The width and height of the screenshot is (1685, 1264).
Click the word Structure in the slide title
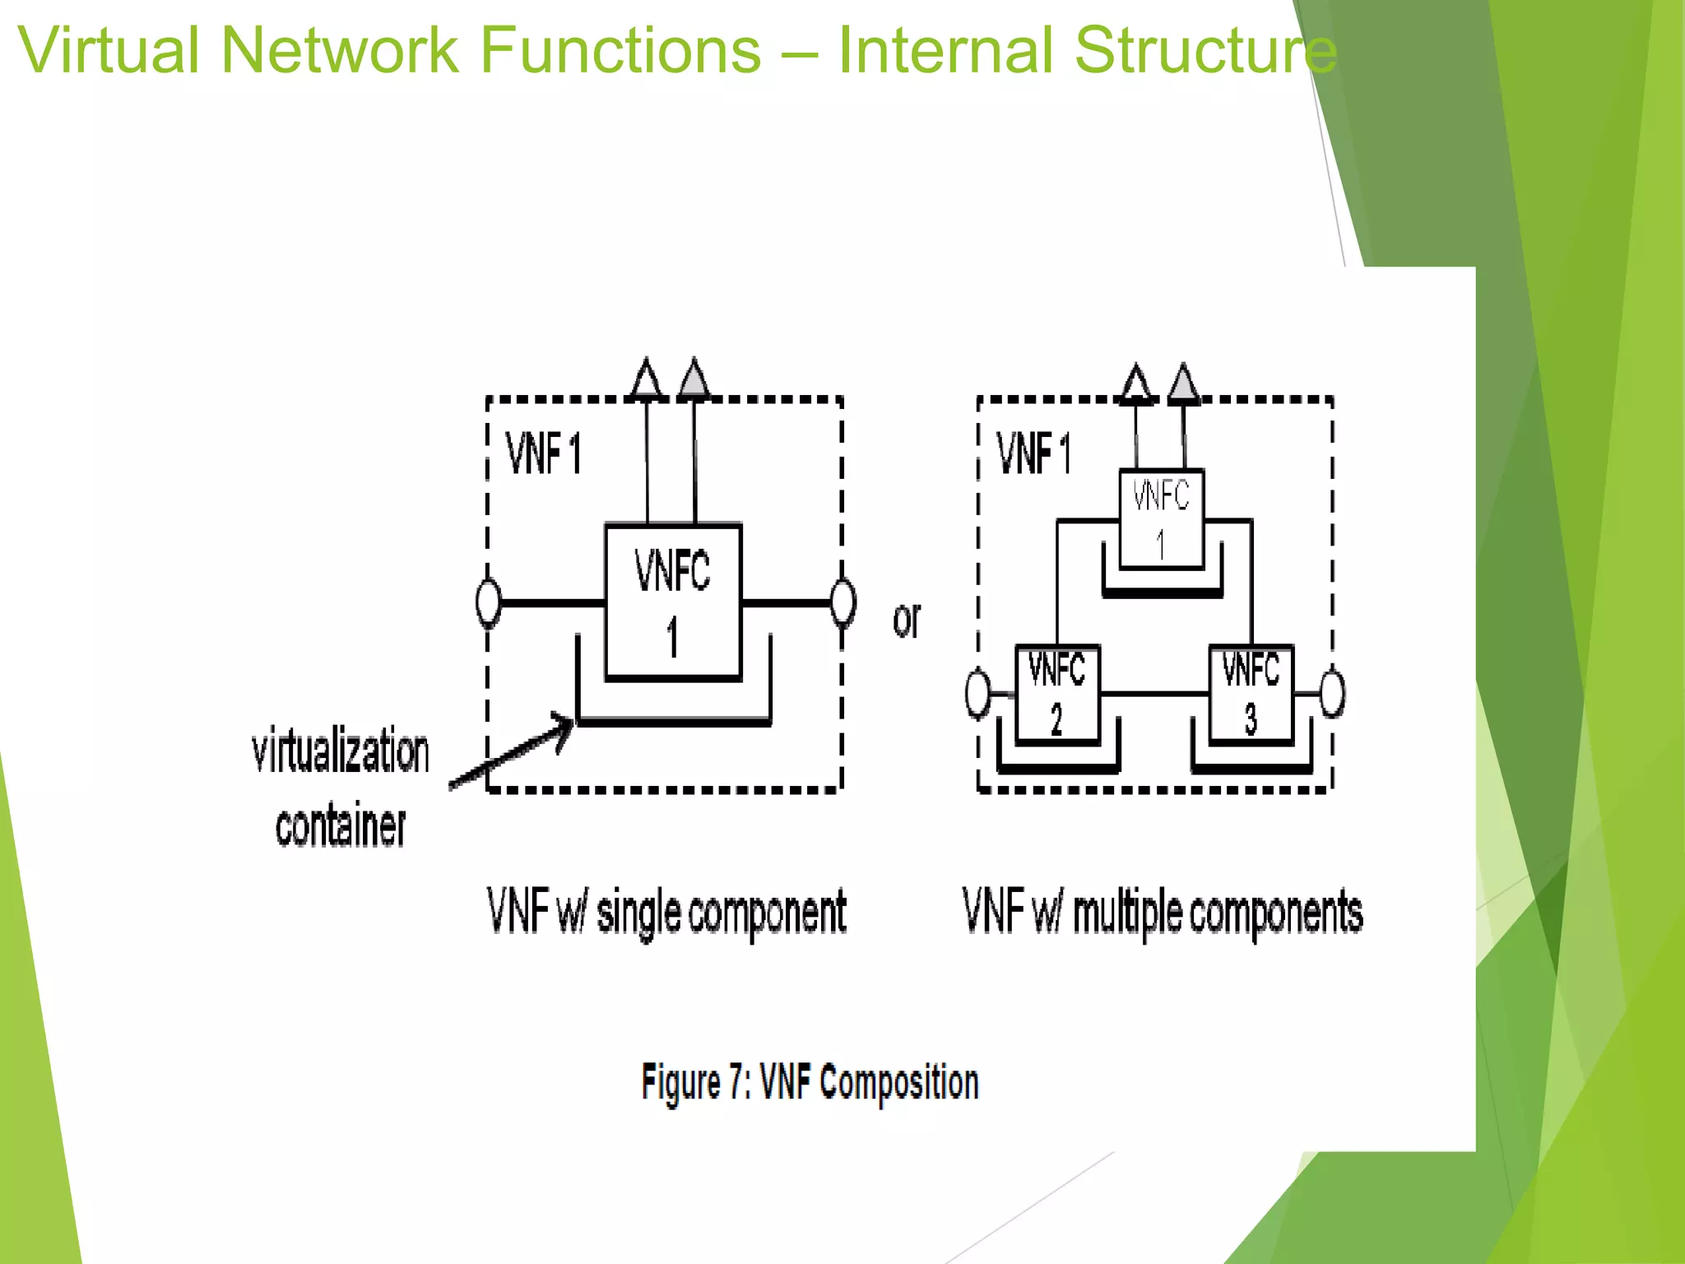[1205, 51]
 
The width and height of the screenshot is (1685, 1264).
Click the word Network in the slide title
[338, 51]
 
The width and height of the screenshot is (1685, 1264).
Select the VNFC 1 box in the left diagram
[673, 602]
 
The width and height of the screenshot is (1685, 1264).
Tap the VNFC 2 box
[1057, 694]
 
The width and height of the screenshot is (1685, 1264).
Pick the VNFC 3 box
[1251, 694]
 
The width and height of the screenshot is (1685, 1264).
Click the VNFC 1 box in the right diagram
[1161, 519]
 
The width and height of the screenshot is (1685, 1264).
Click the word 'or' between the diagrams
[907, 619]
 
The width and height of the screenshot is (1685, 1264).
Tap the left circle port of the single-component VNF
[489, 602]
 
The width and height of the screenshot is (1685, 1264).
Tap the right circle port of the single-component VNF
[843, 602]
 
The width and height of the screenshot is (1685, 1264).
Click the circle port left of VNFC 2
[977, 694]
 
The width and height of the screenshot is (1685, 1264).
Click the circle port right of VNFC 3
[1333, 694]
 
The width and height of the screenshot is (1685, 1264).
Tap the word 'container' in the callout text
[341, 826]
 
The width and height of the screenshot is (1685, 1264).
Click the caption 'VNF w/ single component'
[666, 913]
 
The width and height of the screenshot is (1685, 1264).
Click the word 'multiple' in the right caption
[1127, 913]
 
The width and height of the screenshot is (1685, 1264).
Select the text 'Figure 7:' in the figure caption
[696, 1082]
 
